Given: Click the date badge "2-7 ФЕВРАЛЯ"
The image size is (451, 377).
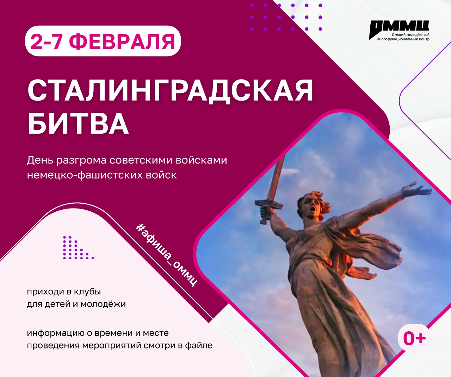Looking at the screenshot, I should (103, 41).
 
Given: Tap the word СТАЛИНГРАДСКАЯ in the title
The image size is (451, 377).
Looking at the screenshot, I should (170, 90).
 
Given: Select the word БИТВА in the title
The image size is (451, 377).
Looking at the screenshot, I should (78, 123).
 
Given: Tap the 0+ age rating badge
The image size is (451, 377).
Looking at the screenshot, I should (414, 338).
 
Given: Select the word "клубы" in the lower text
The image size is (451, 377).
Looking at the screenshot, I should (88, 292).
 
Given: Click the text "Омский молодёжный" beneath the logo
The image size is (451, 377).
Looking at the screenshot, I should (410, 35).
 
